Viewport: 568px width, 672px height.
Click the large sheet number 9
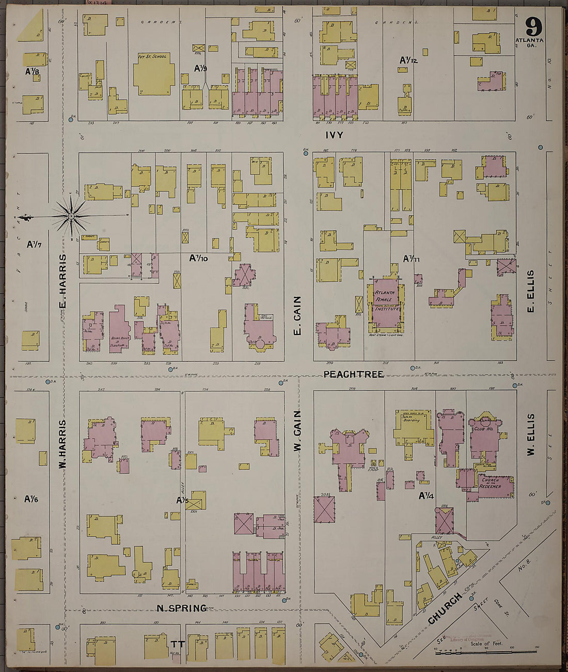pyautogui.click(x=533, y=26)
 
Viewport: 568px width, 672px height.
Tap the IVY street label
pyautogui.click(x=334, y=135)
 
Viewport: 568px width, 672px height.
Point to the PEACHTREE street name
pyautogui.click(x=353, y=374)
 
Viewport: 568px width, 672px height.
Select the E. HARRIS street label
pyautogui.click(x=63, y=281)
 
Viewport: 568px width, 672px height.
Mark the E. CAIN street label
pyautogui.click(x=297, y=315)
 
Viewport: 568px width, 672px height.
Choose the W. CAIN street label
pyautogui.click(x=297, y=430)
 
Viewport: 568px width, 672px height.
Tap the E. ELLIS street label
pyautogui.click(x=530, y=292)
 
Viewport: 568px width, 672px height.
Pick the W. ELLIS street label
pyautogui.click(x=530, y=434)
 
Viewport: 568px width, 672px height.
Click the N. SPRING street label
pyautogui.click(x=182, y=608)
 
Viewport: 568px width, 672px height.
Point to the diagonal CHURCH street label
pyautogui.click(x=445, y=608)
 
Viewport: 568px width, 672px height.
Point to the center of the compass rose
pyautogui.click(x=71, y=215)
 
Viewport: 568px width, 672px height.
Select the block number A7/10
pyautogui.click(x=198, y=257)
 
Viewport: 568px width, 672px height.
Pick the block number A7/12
pyautogui.click(x=408, y=60)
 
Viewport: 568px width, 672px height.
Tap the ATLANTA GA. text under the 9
pyautogui.click(x=529, y=43)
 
